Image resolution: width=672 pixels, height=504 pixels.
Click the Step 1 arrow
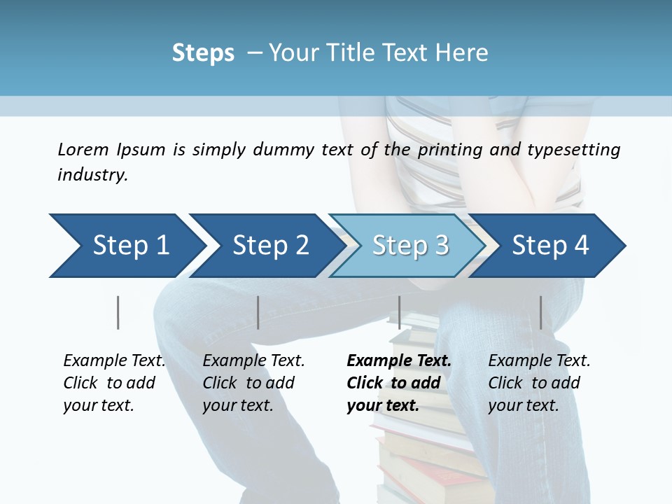130,246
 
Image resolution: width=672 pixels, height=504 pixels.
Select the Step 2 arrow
270,246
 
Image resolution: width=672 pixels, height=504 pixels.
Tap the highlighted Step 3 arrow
410,246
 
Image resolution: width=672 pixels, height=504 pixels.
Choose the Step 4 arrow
550,246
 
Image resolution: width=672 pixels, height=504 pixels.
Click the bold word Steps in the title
203,53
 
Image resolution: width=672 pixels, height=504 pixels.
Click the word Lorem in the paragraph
83,149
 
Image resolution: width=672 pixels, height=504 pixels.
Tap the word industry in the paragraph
92,174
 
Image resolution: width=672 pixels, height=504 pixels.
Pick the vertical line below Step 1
118,312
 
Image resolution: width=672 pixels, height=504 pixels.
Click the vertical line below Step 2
258,312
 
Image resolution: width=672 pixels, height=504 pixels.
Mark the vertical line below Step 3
399,312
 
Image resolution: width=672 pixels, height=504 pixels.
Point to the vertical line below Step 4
540,312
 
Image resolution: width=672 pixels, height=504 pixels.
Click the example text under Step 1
114,383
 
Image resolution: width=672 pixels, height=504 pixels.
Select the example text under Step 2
253,383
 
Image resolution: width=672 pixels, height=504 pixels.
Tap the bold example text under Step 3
399,383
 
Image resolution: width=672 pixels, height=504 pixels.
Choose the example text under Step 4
539,383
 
